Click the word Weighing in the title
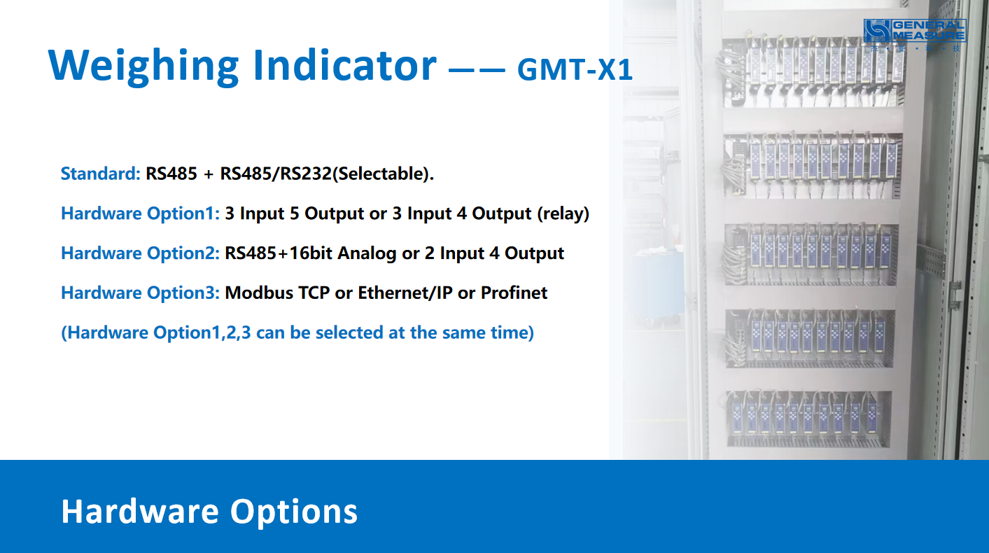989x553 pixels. (x=144, y=66)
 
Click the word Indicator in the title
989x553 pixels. (x=345, y=65)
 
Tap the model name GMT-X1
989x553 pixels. (x=575, y=69)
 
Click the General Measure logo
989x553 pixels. (x=915, y=34)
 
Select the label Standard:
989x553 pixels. (x=101, y=174)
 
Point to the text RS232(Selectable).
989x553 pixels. (x=357, y=174)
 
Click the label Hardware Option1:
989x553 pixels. (x=141, y=213)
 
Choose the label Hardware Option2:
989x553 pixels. (x=141, y=253)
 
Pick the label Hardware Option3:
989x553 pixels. (x=141, y=293)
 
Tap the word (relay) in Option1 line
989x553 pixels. (x=563, y=213)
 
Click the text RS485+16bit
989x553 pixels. (x=279, y=253)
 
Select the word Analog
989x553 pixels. (x=367, y=254)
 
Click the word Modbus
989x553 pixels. (x=259, y=293)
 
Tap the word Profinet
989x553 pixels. (x=514, y=293)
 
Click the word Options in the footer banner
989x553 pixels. (x=293, y=512)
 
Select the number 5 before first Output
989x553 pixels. (x=295, y=213)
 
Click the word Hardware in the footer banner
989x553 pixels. (x=140, y=512)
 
